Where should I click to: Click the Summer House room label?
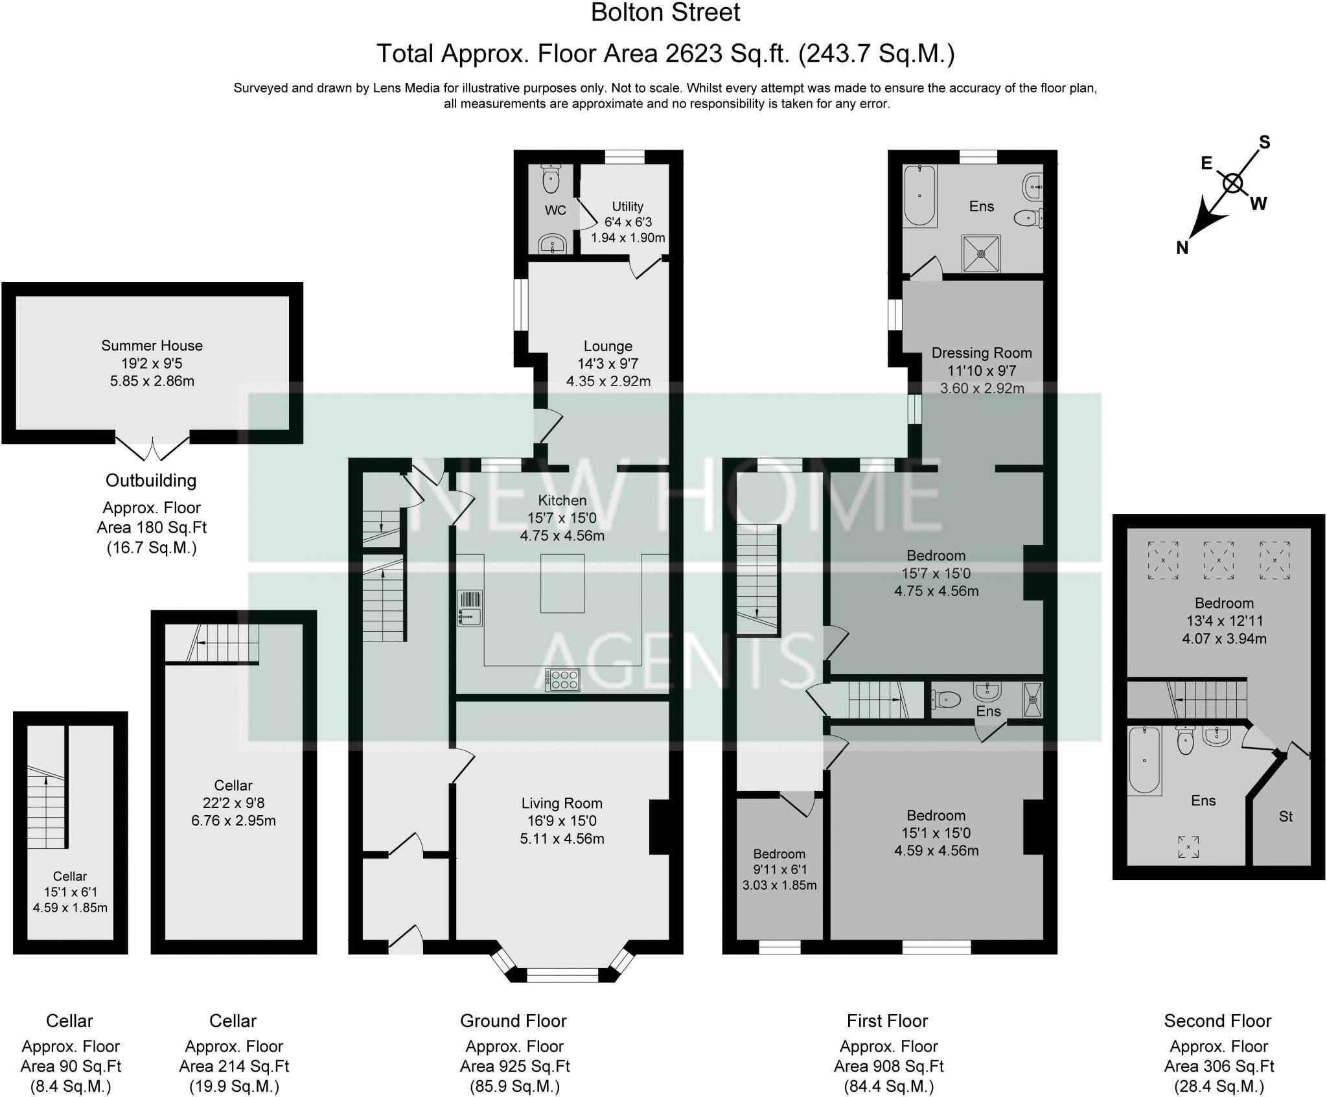(152, 345)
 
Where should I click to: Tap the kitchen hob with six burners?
(562, 680)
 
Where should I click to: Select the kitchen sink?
(470, 608)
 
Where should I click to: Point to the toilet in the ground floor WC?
(551, 178)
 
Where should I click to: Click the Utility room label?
(627, 206)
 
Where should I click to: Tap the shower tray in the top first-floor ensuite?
(981, 254)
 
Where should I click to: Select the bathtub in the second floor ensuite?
(1144, 761)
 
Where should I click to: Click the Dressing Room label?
(981, 353)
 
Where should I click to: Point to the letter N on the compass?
(1183, 247)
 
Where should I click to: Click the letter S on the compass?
(1264, 142)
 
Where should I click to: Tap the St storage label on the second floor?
(1286, 816)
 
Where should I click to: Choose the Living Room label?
(562, 803)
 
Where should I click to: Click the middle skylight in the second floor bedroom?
(1218, 560)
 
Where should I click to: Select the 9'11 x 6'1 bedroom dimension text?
(779, 870)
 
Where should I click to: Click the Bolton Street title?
(665, 13)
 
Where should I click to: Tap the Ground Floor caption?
(513, 1021)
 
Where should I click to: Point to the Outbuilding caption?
(151, 481)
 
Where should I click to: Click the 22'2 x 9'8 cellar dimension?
(233, 803)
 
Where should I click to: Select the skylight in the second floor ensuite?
(1188, 847)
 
